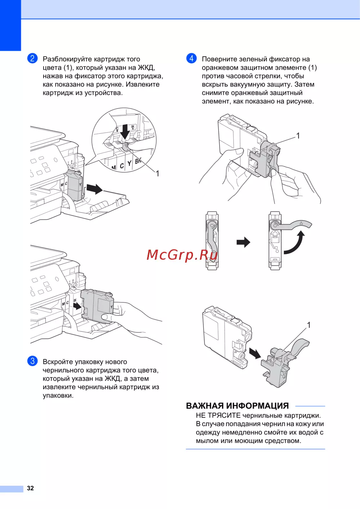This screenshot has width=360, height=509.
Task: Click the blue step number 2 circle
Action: (x=32, y=58)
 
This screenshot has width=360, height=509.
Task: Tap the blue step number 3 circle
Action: (x=32, y=361)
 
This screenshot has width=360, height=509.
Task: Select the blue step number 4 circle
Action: (x=192, y=58)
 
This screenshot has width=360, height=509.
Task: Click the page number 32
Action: (x=30, y=488)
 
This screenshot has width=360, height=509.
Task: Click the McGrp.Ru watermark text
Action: (x=182, y=255)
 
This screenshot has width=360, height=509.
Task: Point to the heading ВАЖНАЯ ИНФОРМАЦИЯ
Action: (x=237, y=406)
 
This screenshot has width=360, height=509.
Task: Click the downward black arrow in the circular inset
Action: (x=125, y=132)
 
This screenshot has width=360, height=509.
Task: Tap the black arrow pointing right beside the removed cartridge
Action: (x=95, y=188)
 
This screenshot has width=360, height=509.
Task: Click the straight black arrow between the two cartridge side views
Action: (x=243, y=242)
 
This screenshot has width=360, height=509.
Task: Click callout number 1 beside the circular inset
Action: (x=157, y=173)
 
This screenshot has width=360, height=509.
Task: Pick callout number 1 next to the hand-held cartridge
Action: (x=298, y=136)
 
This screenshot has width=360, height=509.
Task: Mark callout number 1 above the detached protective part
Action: (x=309, y=325)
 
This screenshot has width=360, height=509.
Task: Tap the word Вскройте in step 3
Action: (x=58, y=362)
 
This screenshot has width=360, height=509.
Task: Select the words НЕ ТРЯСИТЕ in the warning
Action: (x=218, y=415)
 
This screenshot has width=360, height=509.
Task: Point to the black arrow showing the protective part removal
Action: (x=255, y=353)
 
